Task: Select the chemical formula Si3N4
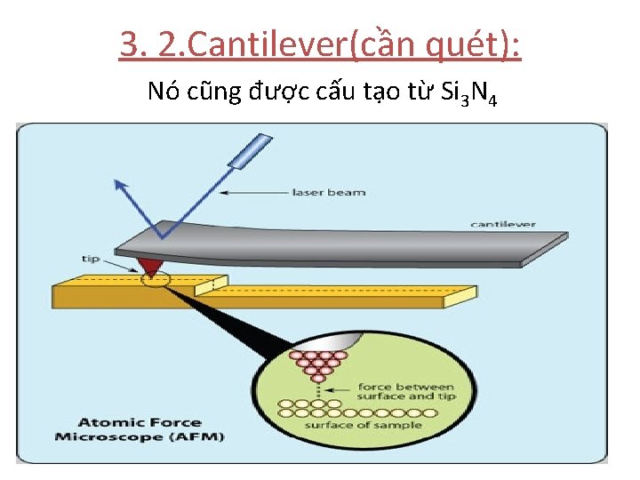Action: point(468,92)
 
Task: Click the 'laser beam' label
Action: point(329,192)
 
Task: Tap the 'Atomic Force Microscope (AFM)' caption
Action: point(140,429)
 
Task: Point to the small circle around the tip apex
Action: point(156,279)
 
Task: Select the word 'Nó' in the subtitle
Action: point(164,91)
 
